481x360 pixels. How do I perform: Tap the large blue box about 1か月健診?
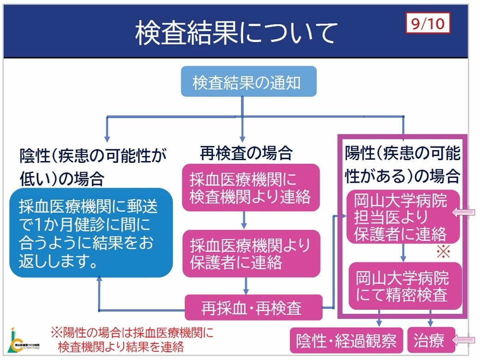tap(91, 232)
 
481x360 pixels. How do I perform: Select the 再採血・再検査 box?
tap(253, 307)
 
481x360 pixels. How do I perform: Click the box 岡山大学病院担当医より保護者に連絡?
tap(403, 217)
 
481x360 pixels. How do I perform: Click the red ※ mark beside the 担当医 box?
tap(443, 252)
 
